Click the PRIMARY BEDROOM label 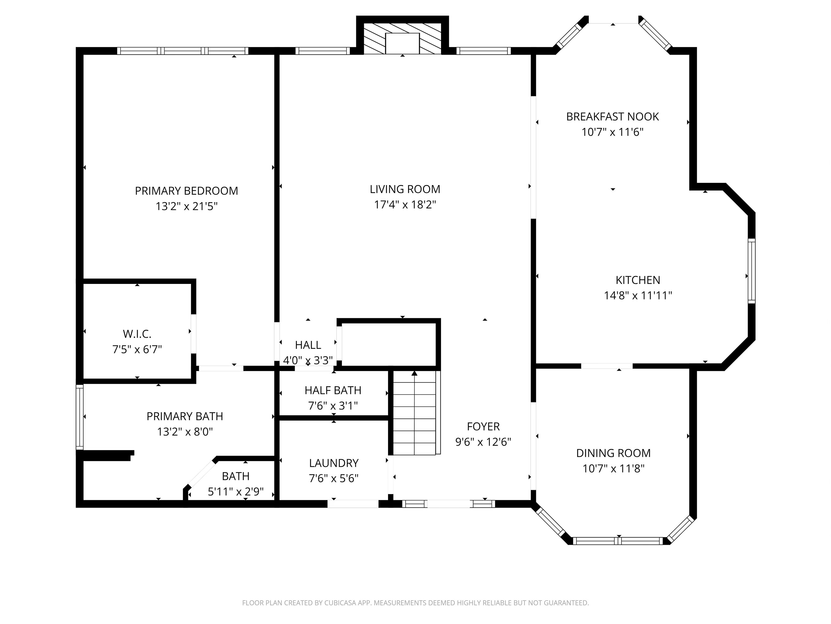click(186, 191)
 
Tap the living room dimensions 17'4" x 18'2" click(405, 205)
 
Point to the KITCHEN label click(637, 280)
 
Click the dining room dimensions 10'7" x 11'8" click(613, 469)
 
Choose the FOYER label click(483, 427)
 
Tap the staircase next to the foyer click(414, 414)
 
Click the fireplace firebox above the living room click(402, 43)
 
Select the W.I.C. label click(137, 334)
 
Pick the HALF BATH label click(333, 390)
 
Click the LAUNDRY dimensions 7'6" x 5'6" click(334, 478)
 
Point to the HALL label click(308, 345)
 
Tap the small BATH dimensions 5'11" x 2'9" click(236, 492)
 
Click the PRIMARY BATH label click(185, 417)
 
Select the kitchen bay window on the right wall click(751, 271)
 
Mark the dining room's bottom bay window click(618, 541)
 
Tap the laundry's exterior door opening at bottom click(353, 504)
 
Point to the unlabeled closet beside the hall click(388, 343)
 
